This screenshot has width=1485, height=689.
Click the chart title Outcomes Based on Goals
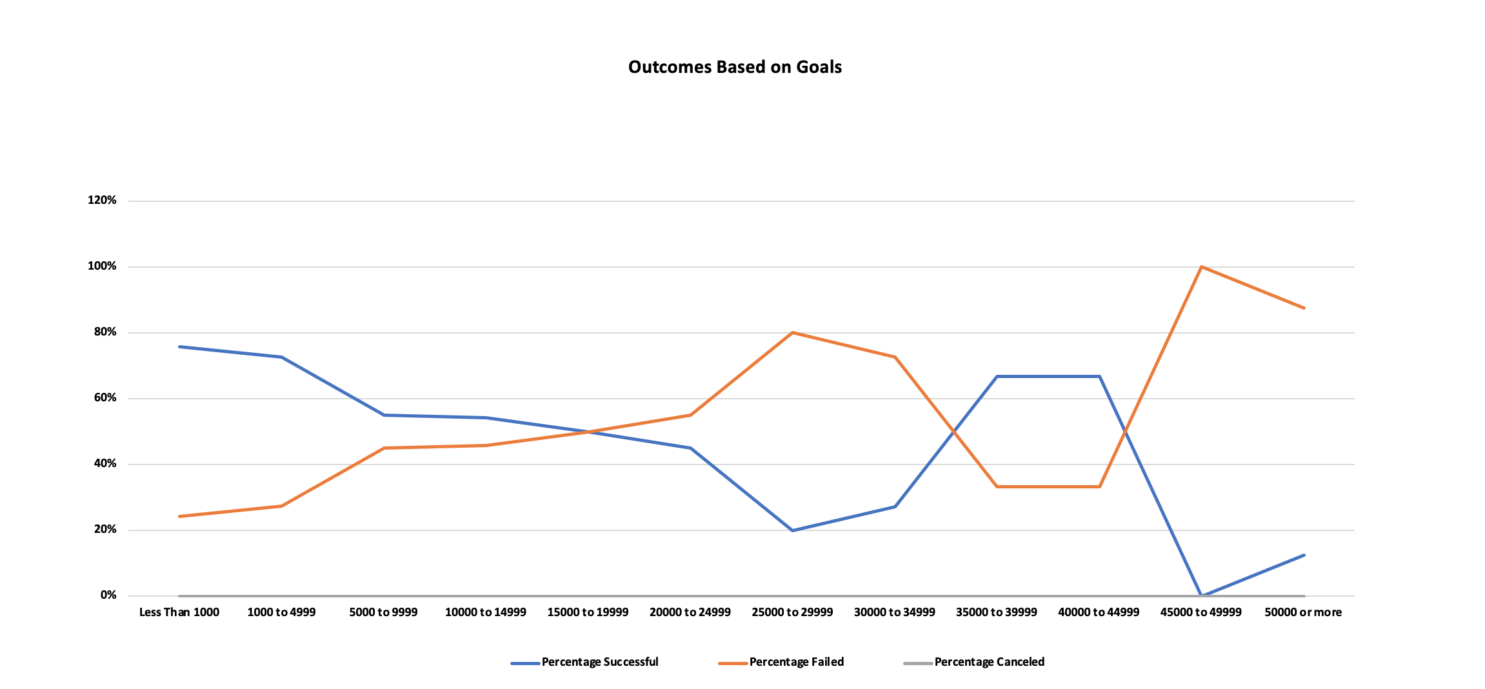[735, 67]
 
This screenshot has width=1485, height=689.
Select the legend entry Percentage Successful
[599, 662]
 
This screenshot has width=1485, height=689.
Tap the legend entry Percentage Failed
[796, 662]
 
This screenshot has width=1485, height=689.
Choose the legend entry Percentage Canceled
[989, 662]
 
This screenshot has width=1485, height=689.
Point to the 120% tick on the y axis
[102, 200]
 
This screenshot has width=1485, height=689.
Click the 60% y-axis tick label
[105, 397]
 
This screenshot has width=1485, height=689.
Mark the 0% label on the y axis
[108, 595]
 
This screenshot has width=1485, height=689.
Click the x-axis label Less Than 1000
[179, 612]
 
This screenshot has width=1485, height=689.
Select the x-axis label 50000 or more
[1303, 612]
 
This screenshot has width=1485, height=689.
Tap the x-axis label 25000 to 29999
[792, 612]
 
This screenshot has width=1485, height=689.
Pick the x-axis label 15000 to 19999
[588, 612]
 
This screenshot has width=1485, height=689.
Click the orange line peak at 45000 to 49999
[1201, 266]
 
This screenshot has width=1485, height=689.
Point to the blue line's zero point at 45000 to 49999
[1201, 595]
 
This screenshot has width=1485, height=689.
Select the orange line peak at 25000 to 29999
[792, 333]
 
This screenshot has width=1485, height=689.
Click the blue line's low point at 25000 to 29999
[792, 530]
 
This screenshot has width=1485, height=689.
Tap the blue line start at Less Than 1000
[179, 346]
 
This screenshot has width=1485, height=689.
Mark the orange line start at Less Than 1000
[179, 516]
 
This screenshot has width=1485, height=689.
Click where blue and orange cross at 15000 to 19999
[588, 432]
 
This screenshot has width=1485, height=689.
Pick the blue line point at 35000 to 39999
[997, 376]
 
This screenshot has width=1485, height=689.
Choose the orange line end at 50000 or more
[1304, 308]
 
